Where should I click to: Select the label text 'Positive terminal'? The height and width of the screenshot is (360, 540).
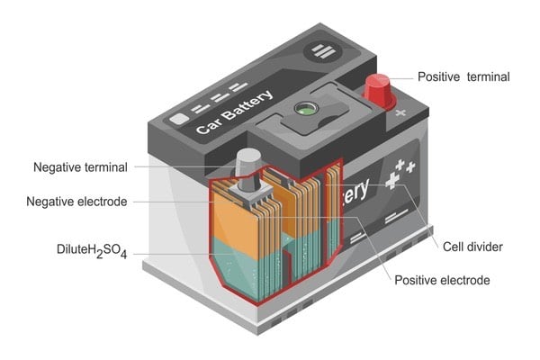click(463, 76)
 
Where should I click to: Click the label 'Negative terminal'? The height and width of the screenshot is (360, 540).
click(80, 167)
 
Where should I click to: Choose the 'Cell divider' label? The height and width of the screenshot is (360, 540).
click(472, 247)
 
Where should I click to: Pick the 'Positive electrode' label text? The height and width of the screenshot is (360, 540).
click(442, 281)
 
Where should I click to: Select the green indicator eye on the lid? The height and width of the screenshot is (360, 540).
click(308, 109)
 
